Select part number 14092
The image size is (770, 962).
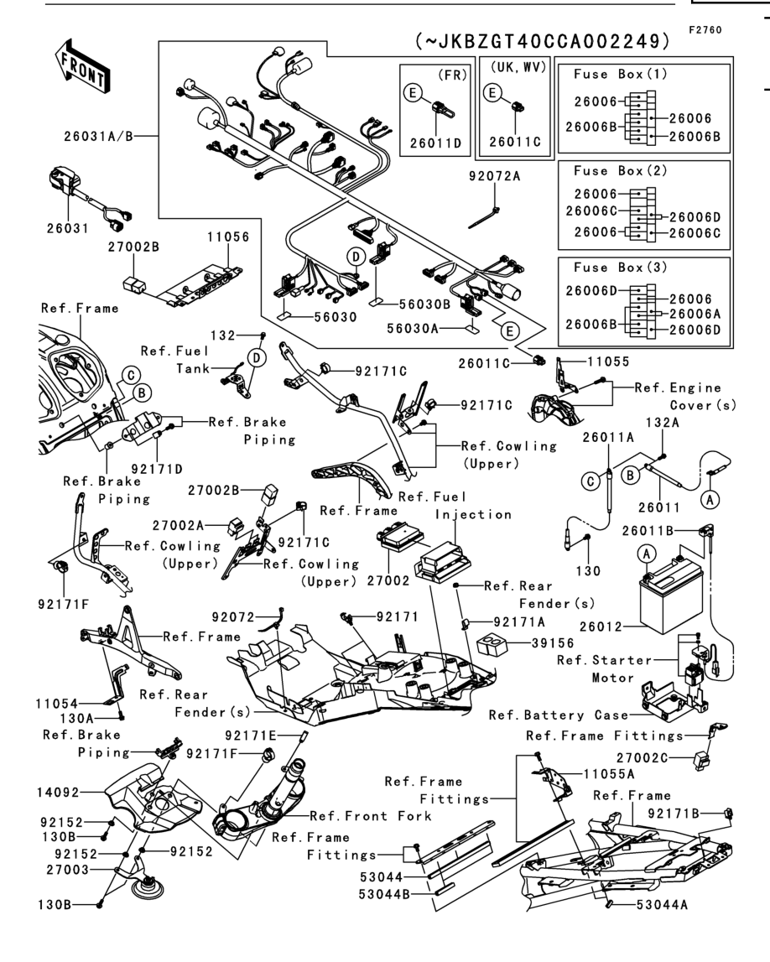58,792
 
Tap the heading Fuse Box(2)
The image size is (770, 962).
621,170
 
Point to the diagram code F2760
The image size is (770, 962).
705,29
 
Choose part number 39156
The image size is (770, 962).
553,643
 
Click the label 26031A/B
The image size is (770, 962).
99,136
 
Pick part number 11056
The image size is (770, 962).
228,237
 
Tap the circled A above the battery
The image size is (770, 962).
646,554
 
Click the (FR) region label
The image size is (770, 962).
452,75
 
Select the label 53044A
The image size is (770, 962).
662,904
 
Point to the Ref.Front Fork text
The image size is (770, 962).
371,816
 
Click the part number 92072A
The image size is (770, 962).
495,176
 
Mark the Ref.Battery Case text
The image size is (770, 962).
559,715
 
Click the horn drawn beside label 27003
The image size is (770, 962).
148,886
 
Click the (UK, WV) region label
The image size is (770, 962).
518,67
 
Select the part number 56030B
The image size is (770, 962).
424,304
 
